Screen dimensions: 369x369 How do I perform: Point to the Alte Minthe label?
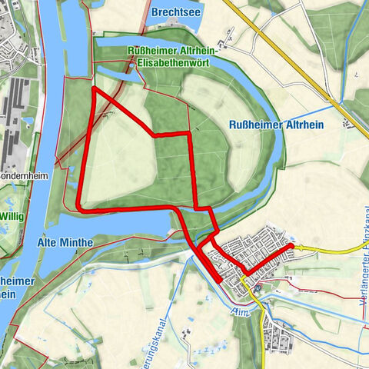coord(65,243)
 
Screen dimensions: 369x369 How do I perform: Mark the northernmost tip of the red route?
coord(94,88)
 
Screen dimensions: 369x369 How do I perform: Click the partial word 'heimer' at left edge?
coord(17,281)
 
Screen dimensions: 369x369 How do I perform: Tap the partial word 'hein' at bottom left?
coord(9,295)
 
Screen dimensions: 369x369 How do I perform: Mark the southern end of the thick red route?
coord(221,281)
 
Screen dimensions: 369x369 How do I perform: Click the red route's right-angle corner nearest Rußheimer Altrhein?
coord(190,135)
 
